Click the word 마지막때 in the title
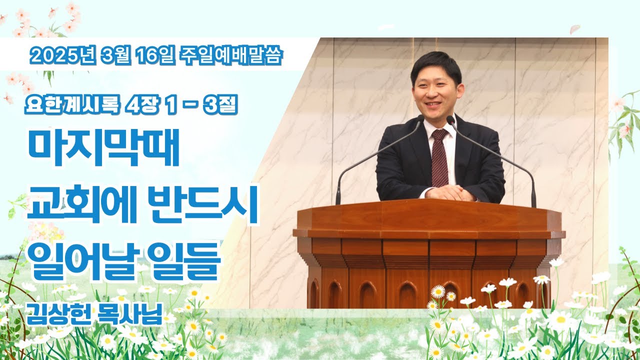103,147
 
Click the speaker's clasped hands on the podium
448,193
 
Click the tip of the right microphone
450,119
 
